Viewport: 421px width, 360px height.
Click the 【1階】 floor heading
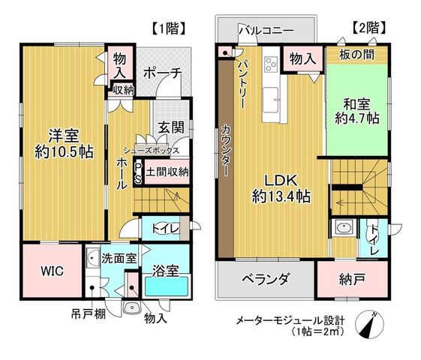click(x=169, y=28)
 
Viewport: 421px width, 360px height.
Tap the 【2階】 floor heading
click(x=369, y=28)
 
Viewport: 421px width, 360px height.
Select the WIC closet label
click(x=53, y=271)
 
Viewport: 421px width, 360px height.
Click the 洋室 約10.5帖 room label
click(x=64, y=143)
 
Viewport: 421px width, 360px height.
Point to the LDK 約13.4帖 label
click(x=281, y=188)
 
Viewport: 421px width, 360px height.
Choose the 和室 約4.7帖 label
click(x=357, y=111)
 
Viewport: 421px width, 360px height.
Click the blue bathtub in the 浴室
click(x=167, y=286)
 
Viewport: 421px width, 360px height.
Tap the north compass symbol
click(x=369, y=325)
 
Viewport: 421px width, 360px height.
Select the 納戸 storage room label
click(x=352, y=280)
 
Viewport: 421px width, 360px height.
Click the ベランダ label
click(x=265, y=279)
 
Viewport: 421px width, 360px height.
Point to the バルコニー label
click(x=266, y=30)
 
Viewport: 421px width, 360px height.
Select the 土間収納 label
click(x=167, y=172)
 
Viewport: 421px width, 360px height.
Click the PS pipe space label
click(x=138, y=173)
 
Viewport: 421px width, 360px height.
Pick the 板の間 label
click(x=356, y=55)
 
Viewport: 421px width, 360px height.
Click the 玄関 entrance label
click(x=171, y=127)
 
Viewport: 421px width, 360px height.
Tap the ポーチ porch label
click(x=162, y=73)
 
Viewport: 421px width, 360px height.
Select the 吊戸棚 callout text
click(x=89, y=313)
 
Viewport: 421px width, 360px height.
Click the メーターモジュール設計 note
click(x=290, y=320)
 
